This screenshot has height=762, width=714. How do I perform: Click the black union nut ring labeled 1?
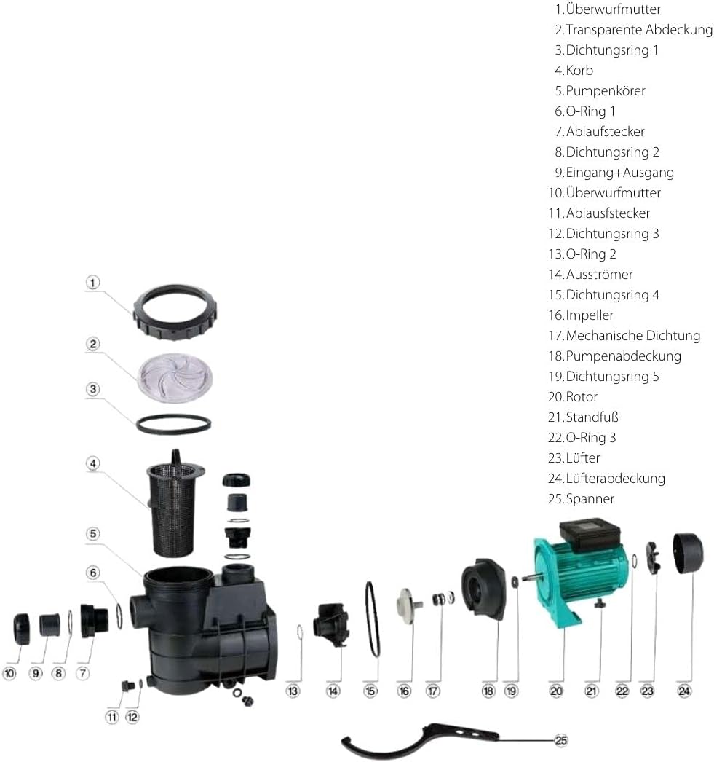(x=140, y=321)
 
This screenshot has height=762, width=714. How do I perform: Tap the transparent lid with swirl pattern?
(x=175, y=377)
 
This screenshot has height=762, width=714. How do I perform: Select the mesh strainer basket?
(x=175, y=506)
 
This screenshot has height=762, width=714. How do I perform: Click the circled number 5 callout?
(x=92, y=533)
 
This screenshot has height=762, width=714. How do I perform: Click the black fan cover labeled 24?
(x=688, y=553)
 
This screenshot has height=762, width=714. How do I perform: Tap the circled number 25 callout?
(x=560, y=740)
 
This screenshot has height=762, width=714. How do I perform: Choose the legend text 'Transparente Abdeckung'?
(x=639, y=30)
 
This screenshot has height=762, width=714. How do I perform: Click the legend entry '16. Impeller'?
(x=581, y=315)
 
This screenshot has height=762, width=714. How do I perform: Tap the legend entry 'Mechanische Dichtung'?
(x=633, y=335)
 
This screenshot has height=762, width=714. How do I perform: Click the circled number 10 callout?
(x=9, y=673)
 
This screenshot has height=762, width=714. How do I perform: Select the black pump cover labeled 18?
(x=483, y=589)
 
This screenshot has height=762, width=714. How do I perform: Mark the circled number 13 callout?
(x=293, y=691)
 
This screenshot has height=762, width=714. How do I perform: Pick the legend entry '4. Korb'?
(x=574, y=71)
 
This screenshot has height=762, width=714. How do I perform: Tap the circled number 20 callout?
(x=556, y=691)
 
